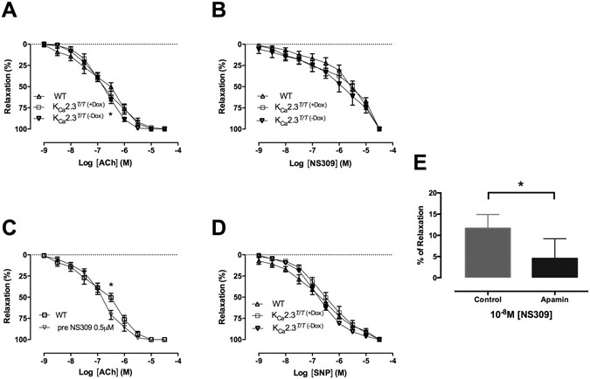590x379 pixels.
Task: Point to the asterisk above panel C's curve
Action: [x=111, y=285]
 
